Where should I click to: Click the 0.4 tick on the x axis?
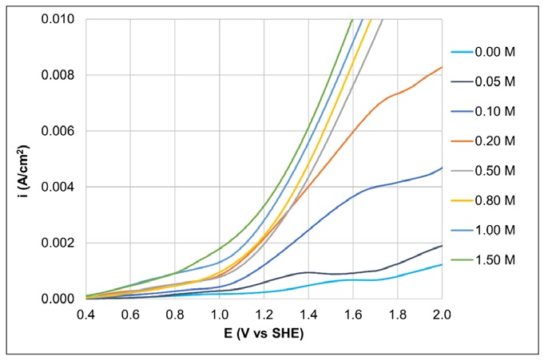pyautogui.click(x=86, y=314)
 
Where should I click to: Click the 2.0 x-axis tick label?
pyautogui.click(x=441, y=314)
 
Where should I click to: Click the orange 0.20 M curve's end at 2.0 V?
pyautogui.click(x=441, y=67)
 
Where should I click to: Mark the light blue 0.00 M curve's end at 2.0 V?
pyautogui.click(x=441, y=264)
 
